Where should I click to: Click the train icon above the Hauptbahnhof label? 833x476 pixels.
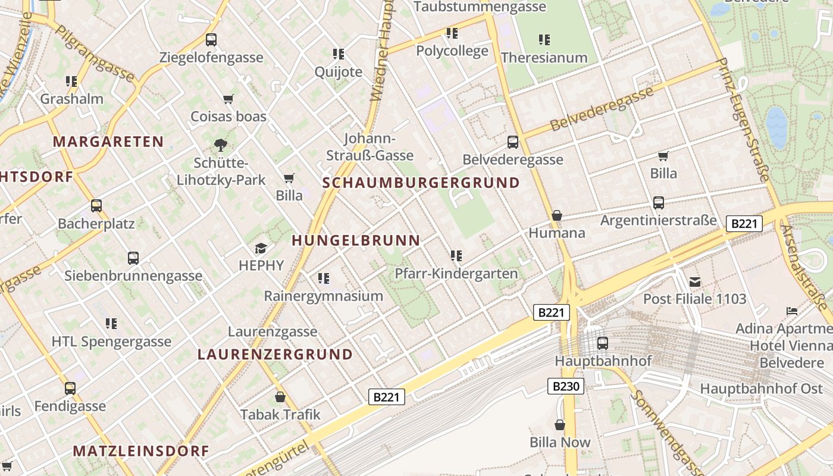[603, 343]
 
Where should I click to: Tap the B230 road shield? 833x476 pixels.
[565, 386]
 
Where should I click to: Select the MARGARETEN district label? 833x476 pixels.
[108, 142]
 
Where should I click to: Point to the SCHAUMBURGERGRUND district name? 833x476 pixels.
[421, 183]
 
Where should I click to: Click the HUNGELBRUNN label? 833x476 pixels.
[356, 240]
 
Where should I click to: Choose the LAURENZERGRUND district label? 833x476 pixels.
[275, 355]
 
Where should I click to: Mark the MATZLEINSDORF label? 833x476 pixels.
[141, 451]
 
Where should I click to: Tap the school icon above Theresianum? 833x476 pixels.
[544, 40]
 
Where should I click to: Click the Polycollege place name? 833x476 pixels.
[452, 51]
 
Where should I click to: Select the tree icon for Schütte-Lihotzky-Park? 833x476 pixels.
[221, 145]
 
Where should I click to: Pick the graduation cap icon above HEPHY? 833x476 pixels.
[261, 248]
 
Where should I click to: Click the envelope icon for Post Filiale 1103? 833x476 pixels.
[694, 282]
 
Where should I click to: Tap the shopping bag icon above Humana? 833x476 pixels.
[557, 215]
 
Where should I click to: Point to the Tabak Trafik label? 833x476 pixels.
[280, 414]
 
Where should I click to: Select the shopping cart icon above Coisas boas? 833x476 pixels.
[228, 99]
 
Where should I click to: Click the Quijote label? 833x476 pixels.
[339, 72]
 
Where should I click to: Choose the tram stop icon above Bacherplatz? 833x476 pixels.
[96, 206]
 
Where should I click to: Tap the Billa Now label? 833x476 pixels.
[560, 442]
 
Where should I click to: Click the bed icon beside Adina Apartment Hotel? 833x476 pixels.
[791, 311]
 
